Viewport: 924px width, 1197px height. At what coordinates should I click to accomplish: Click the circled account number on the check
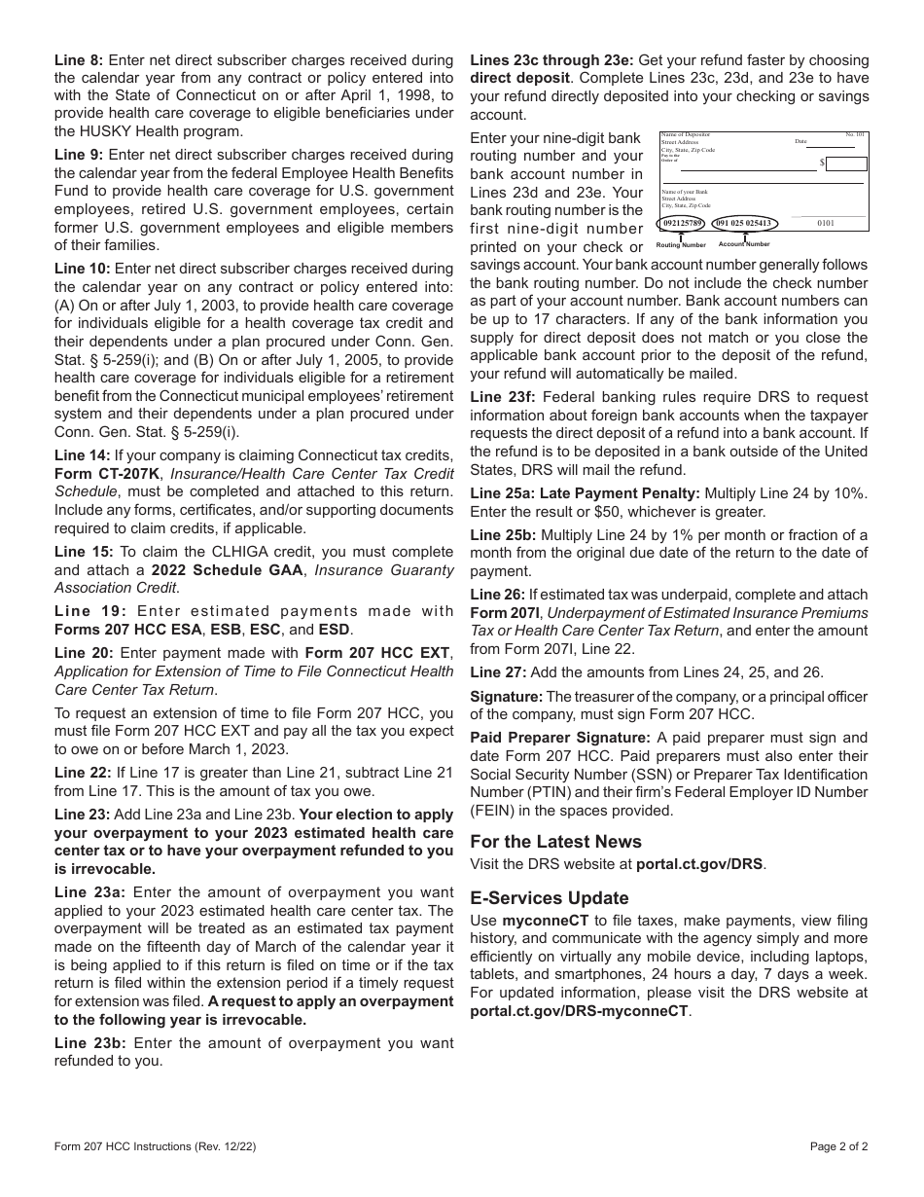coord(743,223)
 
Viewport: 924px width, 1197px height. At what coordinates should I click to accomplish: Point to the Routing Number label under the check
coord(681,245)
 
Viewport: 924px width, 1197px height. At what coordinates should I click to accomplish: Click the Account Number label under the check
coord(744,244)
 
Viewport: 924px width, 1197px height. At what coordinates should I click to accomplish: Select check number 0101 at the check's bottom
coord(826,223)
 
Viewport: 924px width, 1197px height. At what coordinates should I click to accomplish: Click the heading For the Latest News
coord(555,841)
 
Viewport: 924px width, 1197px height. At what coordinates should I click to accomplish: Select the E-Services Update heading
coord(550,897)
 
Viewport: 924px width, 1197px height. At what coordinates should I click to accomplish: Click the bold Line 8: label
coord(79,60)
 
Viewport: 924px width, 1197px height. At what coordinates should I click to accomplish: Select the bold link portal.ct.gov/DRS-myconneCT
coord(580,1011)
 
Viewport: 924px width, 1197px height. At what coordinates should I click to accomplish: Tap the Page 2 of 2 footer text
coord(839,1145)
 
